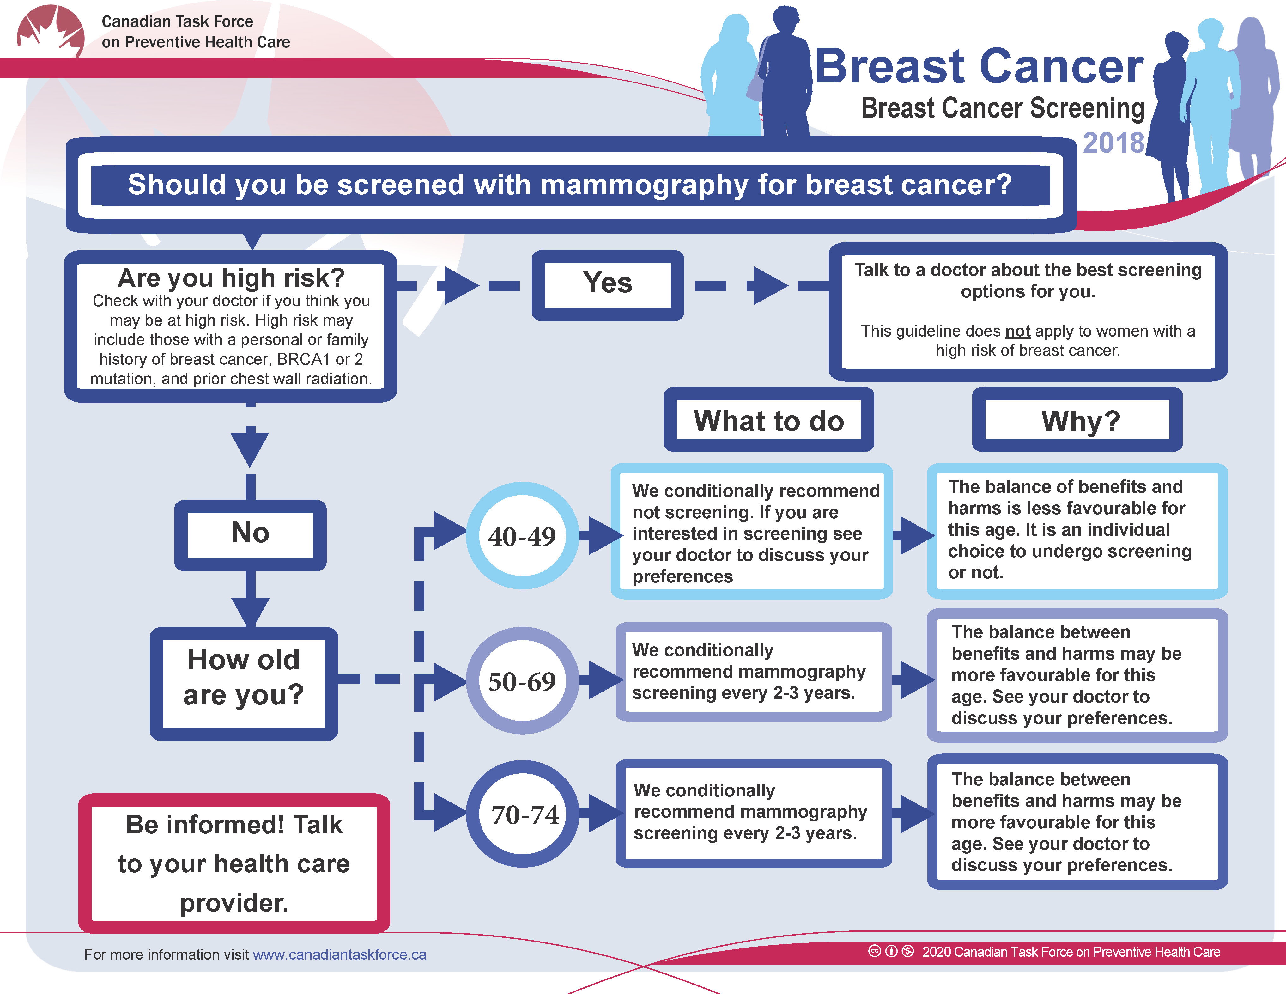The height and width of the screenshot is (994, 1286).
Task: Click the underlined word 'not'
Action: point(1017,331)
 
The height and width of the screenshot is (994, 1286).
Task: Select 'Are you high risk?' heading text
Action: point(231,277)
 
